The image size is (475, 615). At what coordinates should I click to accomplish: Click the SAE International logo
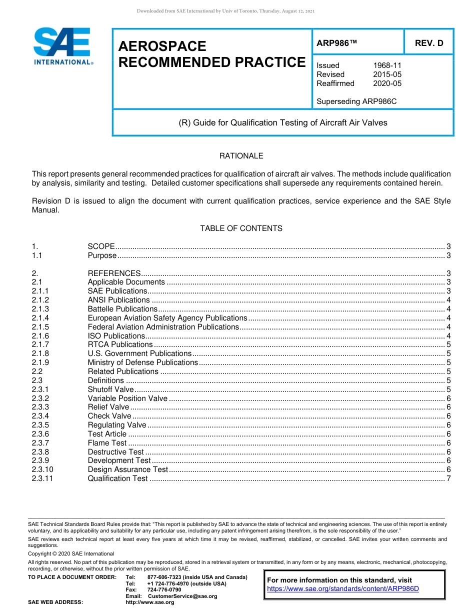[x=62, y=46]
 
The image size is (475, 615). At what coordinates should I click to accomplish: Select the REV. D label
[x=428, y=43]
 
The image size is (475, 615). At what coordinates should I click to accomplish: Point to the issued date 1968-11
[x=387, y=65]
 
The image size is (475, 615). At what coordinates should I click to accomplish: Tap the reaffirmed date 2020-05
[x=387, y=83]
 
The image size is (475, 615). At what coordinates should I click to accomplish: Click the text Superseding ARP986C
[x=356, y=101]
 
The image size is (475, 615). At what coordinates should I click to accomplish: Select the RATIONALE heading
[x=241, y=156]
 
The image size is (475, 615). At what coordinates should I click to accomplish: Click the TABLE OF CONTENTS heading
[x=241, y=228]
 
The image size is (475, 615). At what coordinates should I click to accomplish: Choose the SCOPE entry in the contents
[x=101, y=246]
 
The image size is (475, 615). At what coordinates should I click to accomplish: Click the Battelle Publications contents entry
[x=115, y=309]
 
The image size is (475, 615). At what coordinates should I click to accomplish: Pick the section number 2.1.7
[x=40, y=344]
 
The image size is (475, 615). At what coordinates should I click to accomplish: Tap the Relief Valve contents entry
[x=108, y=407]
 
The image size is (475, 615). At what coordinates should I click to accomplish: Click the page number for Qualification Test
[x=448, y=478]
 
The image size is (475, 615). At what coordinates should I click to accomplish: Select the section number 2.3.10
[x=42, y=469]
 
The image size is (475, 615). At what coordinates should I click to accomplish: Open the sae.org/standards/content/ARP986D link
[x=342, y=588]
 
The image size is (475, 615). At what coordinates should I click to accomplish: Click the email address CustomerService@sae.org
[x=182, y=596]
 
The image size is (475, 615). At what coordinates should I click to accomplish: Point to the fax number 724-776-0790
[x=164, y=590]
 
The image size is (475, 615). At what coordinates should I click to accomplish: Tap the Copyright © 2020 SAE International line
[x=71, y=553]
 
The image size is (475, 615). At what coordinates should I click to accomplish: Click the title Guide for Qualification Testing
[x=283, y=122]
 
